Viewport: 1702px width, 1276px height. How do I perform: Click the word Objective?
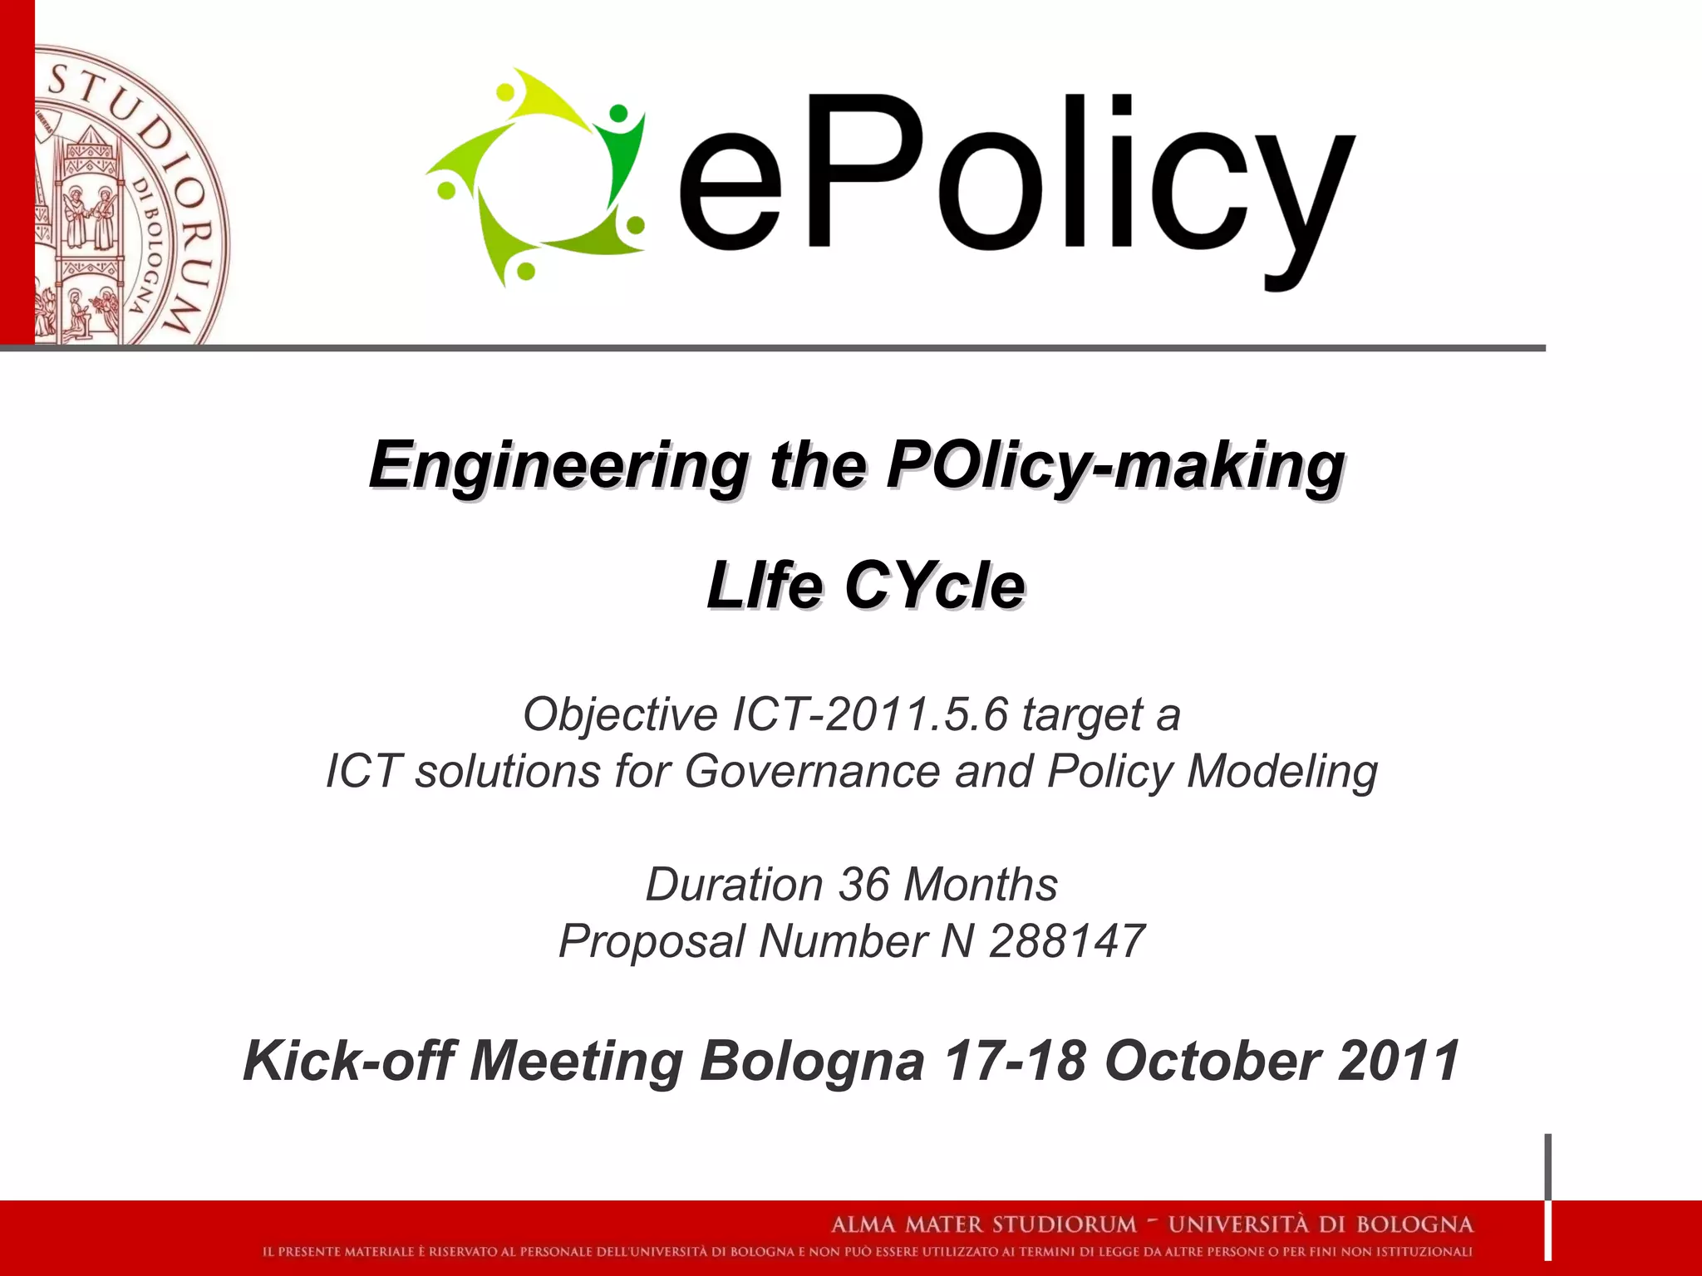click(620, 714)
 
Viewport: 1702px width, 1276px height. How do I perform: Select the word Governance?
click(812, 771)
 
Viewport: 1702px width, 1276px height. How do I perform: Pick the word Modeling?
click(1282, 771)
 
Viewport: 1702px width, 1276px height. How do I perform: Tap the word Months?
click(981, 884)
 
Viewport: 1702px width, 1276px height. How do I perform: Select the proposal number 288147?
click(1067, 941)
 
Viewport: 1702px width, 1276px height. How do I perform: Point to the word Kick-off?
click(349, 1061)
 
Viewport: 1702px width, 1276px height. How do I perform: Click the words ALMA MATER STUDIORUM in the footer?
click(984, 1224)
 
